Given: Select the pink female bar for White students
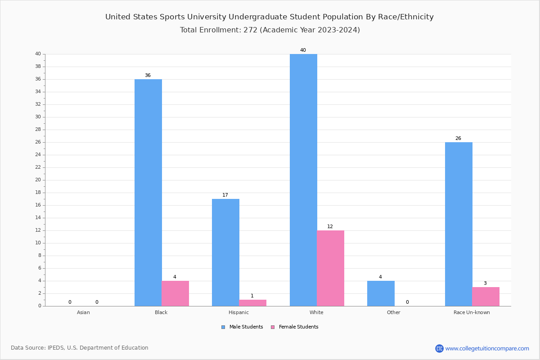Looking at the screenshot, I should (330, 268).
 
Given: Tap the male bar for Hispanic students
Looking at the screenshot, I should (225, 252).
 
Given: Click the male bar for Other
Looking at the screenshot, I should (381, 293).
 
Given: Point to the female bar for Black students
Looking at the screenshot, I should (175, 293).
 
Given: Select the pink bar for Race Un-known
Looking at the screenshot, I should (486, 297).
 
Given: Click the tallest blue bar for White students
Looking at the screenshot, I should (303, 180).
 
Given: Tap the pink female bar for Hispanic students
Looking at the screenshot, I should (252, 303).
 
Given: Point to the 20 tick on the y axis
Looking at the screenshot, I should (38, 180).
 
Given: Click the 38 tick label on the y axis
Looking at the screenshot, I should (38, 67).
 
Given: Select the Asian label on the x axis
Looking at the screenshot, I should (83, 312).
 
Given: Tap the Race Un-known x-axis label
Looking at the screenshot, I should (472, 312).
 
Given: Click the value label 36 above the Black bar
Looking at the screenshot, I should (148, 75).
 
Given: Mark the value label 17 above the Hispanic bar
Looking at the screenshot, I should (225, 195).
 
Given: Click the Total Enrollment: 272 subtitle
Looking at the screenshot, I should (270, 30).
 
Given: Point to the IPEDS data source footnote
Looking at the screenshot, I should (80, 348).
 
